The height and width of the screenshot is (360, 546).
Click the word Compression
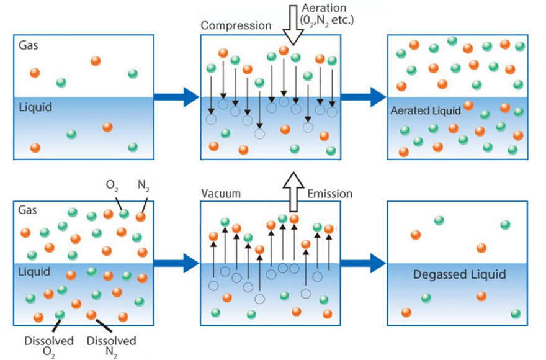tap(236, 26)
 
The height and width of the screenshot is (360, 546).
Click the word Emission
tap(330, 194)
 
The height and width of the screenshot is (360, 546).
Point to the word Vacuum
tap(220, 194)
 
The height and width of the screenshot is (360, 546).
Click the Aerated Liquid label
tap(426, 111)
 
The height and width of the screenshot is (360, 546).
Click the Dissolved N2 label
tap(112, 346)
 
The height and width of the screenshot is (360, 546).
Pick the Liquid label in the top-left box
tap(35, 107)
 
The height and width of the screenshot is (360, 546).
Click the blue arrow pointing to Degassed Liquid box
tap(364, 263)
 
